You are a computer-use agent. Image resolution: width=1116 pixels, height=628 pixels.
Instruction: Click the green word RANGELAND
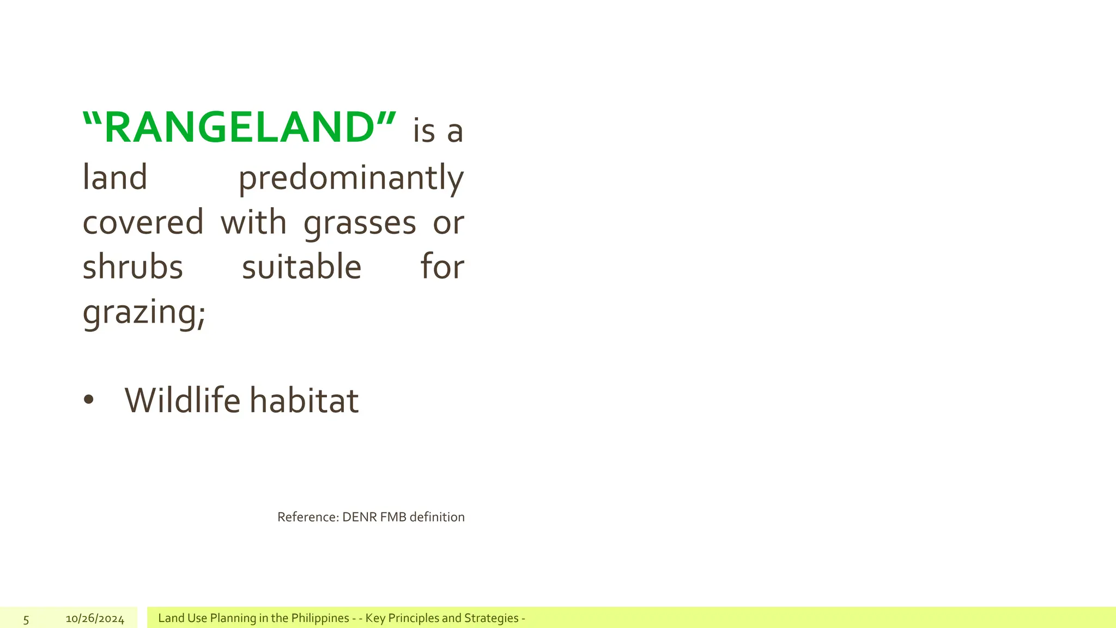240,128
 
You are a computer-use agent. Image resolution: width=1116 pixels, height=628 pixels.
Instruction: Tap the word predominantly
351,178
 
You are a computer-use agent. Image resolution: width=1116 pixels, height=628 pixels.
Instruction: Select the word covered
143,222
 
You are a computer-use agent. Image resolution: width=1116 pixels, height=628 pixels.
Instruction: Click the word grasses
360,224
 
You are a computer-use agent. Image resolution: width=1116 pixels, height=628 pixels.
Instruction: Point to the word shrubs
132,267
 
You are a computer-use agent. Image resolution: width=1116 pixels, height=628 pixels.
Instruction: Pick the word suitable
301,267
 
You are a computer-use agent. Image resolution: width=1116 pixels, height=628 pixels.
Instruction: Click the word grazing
143,313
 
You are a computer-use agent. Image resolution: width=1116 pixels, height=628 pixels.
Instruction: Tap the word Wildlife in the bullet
182,400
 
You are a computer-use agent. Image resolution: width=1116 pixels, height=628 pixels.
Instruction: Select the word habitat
304,400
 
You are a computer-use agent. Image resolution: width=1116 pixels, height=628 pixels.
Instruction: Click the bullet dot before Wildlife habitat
89,400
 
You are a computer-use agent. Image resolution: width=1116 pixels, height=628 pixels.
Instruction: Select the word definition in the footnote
437,517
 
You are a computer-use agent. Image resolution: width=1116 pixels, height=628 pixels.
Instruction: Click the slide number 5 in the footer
26,619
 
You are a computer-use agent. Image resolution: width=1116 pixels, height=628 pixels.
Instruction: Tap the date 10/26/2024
95,619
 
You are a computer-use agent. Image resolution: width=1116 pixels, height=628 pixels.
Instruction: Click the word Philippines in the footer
320,618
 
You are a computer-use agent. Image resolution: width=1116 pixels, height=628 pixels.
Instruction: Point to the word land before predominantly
115,178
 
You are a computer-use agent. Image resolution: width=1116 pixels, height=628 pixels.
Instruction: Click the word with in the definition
253,222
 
